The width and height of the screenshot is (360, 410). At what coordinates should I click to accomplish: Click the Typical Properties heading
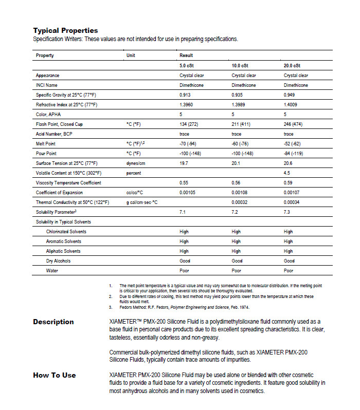tap(65, 30)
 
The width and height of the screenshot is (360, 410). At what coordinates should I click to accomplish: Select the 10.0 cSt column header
tap(240, 66)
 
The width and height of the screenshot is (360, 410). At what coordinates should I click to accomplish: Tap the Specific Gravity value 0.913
tap(185, 95)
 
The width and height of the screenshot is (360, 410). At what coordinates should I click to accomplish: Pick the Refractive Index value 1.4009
tap(292, 105)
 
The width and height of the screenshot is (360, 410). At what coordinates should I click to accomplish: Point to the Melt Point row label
tap(46, 144)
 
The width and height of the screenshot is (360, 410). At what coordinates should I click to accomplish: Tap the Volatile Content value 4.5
tap(287, 173)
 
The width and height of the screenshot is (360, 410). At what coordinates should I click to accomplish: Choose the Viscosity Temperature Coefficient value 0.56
tap(236, 183)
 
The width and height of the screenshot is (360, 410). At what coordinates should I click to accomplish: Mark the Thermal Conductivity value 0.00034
tap(293, 202)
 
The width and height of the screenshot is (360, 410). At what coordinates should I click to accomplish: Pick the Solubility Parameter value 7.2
tap(235, 212)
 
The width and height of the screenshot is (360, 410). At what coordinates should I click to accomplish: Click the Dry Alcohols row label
tap(59, 260)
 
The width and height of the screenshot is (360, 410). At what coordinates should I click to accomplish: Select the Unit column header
tap(131, 55)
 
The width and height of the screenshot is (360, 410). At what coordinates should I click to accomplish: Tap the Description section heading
tap(53, 322)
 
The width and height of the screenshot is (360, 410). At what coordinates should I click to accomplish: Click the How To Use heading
tap(55, 375)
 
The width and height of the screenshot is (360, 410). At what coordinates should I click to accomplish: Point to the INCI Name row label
tap(47, 85)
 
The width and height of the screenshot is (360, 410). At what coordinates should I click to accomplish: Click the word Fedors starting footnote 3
tap(126, 307)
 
